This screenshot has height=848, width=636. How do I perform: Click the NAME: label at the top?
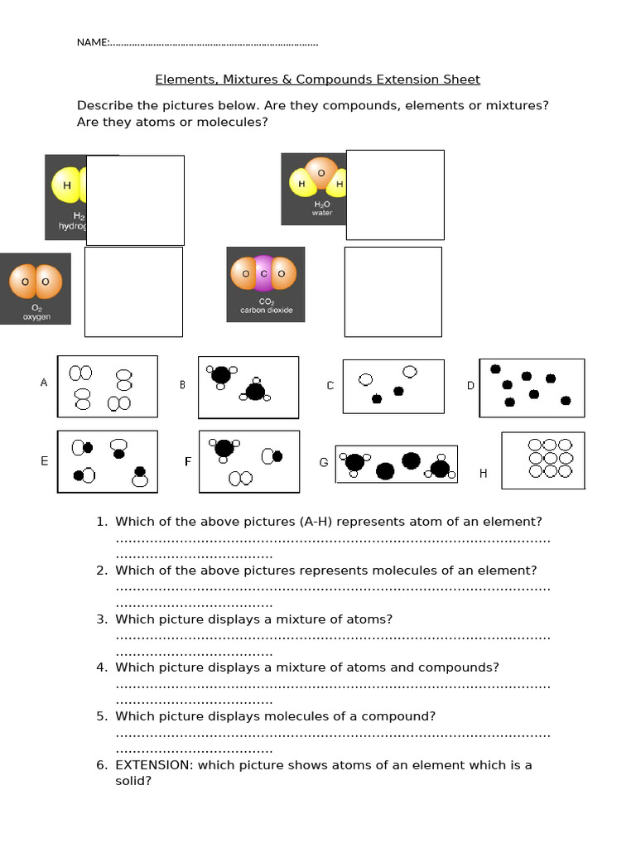click(92, 42)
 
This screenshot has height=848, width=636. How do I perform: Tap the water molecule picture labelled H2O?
click(314, 189)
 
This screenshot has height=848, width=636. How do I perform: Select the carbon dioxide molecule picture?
click(266, 284)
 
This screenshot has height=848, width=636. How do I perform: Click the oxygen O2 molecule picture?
click(36, 288)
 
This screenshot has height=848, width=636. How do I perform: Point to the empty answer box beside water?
click(395, 195)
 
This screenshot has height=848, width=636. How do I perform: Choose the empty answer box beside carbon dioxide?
click(393, 291)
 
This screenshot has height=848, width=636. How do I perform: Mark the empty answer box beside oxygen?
click(133, 291)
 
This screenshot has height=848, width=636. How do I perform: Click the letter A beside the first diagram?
click(44, 383)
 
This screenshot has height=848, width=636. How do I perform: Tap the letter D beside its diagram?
click(470, 386)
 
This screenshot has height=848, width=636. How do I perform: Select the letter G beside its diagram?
click(324, 462)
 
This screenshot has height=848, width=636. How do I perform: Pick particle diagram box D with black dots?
click(532, 387)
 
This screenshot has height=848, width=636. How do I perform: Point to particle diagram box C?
click(393, 386)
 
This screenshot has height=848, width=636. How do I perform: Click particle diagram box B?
click(248, 387)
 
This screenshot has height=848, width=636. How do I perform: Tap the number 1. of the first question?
click(102, 522)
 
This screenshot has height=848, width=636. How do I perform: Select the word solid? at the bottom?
click(133, 781)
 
